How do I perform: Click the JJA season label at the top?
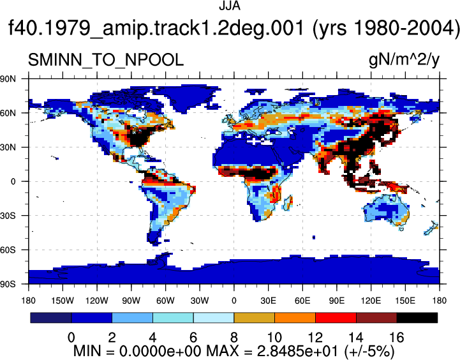click(x=230, y=6)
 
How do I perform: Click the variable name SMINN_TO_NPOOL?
click(x=106, y=60)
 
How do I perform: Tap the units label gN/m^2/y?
click(x=404, y=61)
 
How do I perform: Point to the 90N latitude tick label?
click(x=8, y=79)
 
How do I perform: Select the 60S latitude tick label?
click(x=8, y=250)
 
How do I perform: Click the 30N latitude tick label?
click(x=8, y=147)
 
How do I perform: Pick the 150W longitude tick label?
click(x=63, y=301)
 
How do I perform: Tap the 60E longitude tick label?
click(x=302, y=301)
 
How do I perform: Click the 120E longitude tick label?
click(x=371, y=301)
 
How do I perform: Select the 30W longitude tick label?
click(x=200, y=301)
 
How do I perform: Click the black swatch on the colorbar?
click(x=417, y=318)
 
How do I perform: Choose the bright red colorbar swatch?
click(x=336, y=318)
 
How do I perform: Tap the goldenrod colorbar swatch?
click(x=255, y=318)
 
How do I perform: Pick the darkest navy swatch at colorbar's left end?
click(x=51, y=318)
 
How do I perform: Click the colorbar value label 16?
click(x=397, y=338)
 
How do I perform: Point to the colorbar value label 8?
click(x=234, y=338)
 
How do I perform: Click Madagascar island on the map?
click(x=288, y=203)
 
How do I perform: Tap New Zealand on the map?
click(x=431, y=228)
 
